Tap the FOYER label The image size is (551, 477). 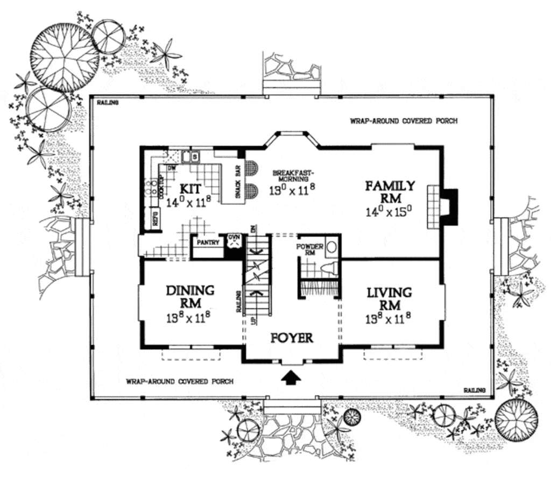pyautogui.click(x=292, y=338)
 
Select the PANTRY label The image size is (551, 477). pyautogui.click(x=208, y=243)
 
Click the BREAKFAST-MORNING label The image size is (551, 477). pyautogui.click(x=293, y=176)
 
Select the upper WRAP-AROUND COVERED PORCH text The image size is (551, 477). pyautogui.click(x=404, y=121)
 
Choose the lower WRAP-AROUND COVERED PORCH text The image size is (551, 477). pyautogui.click(x=180, y=381)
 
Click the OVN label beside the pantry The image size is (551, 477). pyautogui.click(x=234, y=237)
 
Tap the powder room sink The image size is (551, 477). pyautogui.click(x=333, y=247)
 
